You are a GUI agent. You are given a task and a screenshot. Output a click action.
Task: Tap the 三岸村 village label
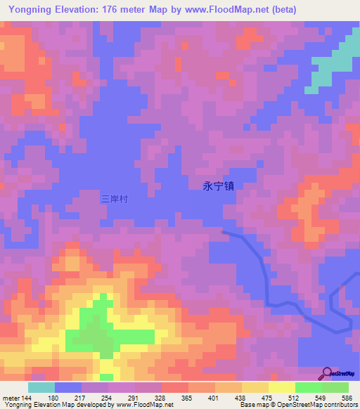click(x=115, y=199)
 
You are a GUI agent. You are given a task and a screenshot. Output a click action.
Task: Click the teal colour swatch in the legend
click(x=41, y=387)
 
